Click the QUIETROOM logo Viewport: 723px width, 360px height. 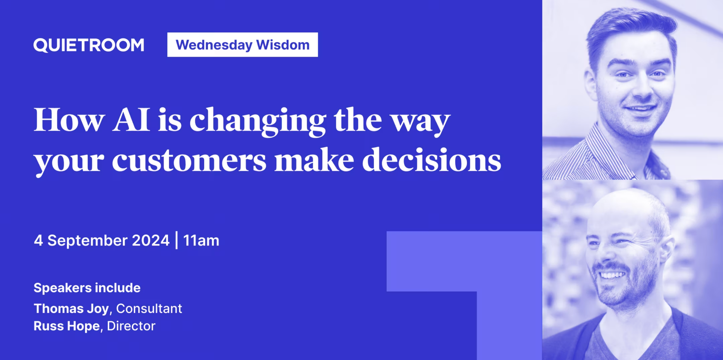[x=89, y=45]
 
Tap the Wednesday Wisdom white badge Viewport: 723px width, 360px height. [x=243, y=45]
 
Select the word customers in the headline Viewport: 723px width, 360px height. [x=189, y=160]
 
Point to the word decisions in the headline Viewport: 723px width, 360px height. [x=432, y=160]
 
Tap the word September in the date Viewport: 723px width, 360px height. [x=87, y=241]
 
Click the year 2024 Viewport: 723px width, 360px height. [x=151, y=241]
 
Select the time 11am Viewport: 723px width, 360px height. [x=201, y=241]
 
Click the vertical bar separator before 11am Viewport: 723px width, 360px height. [x=177, y=240]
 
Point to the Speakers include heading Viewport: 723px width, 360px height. [x=87, y=288]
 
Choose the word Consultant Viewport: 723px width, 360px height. [x=149, y=309]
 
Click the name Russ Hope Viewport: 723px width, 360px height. [x=67, y=326]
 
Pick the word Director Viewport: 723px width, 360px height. [x=131, y=326]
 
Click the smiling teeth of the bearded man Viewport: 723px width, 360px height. [x=612, y=275]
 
